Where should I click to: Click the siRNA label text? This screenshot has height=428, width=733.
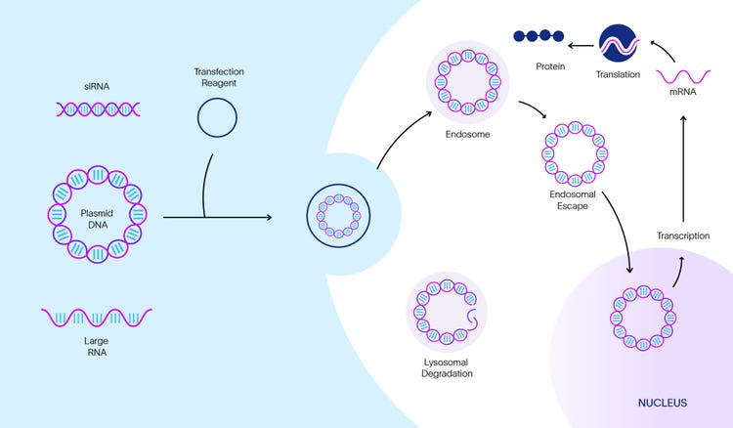[x=96, y=87]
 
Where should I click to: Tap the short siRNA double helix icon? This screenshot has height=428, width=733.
[x=96, y=109]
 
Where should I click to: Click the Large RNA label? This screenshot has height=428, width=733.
[x=96, y=347]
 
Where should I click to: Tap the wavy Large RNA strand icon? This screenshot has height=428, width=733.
[x=96, y=318]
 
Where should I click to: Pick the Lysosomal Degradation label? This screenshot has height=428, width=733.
[x=445, y=369]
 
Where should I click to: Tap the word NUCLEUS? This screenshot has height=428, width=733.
[x=661, y=402]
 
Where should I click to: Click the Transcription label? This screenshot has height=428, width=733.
[x=682, y=235]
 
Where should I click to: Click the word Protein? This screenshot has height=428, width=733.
[x=550, y=66]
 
